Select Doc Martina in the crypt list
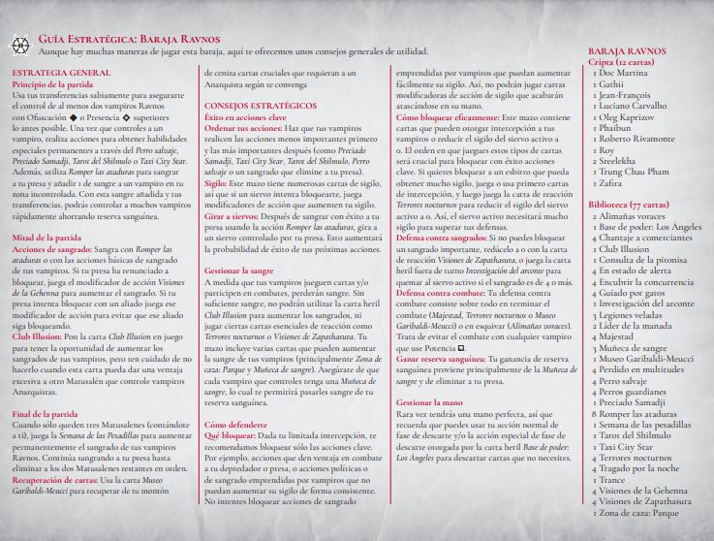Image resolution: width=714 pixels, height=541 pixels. (x=625, y=73)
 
